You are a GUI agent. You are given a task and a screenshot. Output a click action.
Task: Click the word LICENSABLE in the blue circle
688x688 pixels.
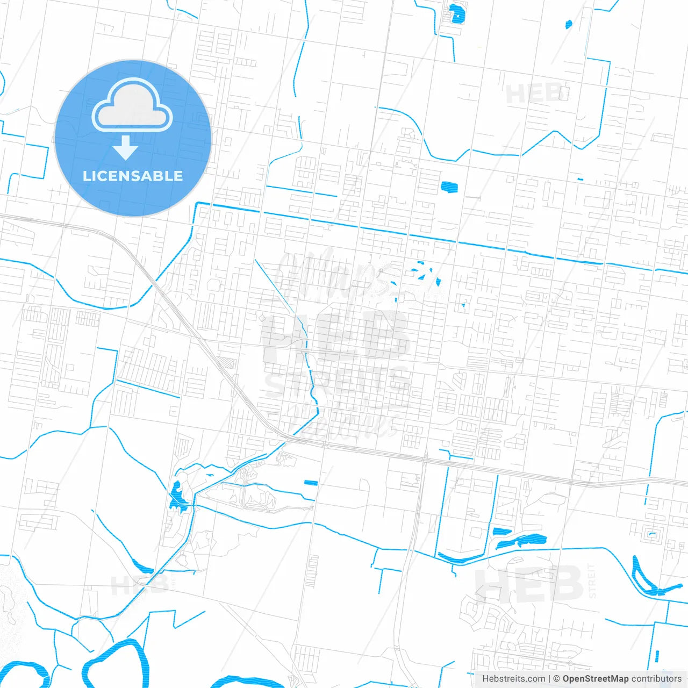click(x=133, y=176)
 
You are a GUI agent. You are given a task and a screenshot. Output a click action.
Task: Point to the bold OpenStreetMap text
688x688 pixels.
click(x=595, y=679)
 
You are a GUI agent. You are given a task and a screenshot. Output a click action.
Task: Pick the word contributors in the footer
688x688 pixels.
click(x=656, y=679)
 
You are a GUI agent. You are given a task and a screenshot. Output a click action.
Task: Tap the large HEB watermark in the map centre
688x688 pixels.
click(x=336, y=336)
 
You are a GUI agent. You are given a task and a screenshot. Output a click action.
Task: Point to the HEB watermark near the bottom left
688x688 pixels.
click(x=139, y=585)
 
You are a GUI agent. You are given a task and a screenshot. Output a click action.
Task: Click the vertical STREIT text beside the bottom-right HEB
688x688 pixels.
click(x=592, y=581)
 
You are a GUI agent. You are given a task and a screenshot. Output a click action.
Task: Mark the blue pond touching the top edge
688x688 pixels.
click(x=456, y=13)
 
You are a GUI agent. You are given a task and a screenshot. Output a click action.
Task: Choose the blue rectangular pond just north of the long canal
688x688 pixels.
click(x=449, y=187)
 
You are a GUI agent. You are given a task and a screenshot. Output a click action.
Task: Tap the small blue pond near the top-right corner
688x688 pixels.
click(x=569, y=24)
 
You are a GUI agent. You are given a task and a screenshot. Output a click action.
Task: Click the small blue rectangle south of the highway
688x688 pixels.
click(x=311, y=483)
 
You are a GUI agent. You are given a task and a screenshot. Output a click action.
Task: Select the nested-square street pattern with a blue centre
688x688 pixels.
click(x=652, y=534)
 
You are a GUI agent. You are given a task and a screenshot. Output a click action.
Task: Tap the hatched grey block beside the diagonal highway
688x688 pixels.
click(x=228, y=363)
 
